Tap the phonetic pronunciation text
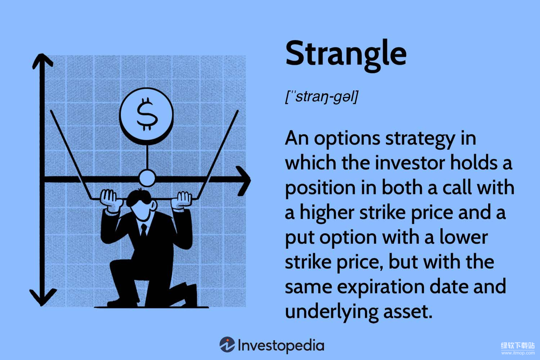(x=321, y=97)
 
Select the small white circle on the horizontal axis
(x=147, y=178)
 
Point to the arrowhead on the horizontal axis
(x=243, y=180)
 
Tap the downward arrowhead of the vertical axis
(x=43, y=297)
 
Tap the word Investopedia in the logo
(x=281, y=345)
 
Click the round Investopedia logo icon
(x=227, y=344)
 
